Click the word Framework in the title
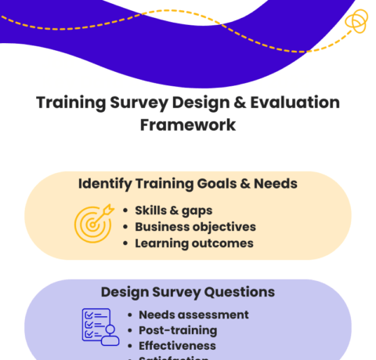point(187,124)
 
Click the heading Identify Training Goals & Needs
point(187,184)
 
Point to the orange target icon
point(93,223)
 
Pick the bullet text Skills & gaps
point(173,210)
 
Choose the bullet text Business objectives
point(195,226)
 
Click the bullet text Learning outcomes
point(193,243)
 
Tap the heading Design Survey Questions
point(188,292)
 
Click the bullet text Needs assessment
point(193,315)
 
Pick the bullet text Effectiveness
point(177,345)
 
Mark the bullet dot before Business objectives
point(126,227)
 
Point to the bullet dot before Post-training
point(130,330)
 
